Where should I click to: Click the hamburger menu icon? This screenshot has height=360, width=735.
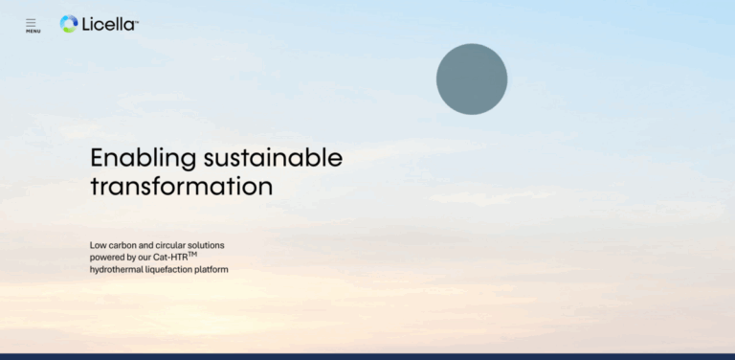click(x=31, y=21)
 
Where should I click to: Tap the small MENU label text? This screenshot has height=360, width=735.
click(x=33, y=32)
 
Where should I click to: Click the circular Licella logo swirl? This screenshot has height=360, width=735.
click(x=69, y=24)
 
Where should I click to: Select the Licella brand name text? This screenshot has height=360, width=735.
click(x=107, y=24)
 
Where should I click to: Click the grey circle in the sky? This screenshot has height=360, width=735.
click(x=471, y=79)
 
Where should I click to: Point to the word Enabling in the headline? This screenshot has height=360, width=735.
click(x=144, y=158)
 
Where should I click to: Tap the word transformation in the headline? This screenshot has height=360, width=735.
click(x=181, y=186)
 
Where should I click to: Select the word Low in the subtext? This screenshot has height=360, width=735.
click(x=98, y=245)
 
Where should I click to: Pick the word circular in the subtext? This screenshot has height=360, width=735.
click(x=173, y=245)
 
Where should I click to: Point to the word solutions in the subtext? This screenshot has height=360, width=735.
click(x=209, y=245)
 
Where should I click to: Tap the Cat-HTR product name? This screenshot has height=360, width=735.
click(x=169, y=258)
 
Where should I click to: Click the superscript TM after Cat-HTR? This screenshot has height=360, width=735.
click(x=192, y=254)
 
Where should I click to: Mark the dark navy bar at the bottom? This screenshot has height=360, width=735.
click(x=367, y=356)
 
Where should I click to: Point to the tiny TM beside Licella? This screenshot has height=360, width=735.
click(x=137, y=20)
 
